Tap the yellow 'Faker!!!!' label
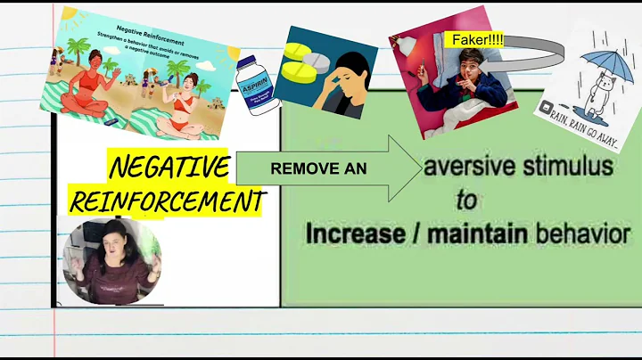tap(473, 39)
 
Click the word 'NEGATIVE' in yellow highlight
tap(169, 166)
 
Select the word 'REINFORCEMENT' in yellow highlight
tap(166, 200)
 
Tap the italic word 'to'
tap(467, 200)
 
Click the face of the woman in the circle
tap(115, 250)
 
